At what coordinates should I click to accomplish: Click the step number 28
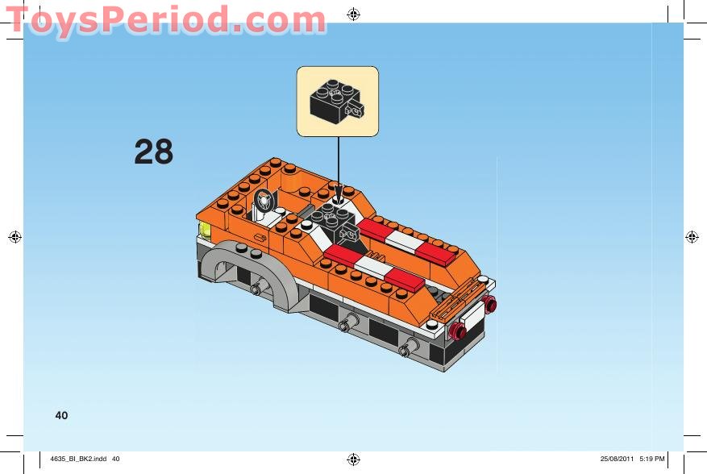pos(154,152)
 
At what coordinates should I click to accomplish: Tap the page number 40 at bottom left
pos(61,415)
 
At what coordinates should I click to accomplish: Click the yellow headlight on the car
pos(205,231)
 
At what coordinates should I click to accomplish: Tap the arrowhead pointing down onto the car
pos(339,194)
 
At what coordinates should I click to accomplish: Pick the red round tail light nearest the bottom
pos(460,331)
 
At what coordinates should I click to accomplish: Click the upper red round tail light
pos(489,303)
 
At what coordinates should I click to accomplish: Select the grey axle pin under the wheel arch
pos(257,289)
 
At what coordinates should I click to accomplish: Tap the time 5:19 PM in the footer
pos(651,459)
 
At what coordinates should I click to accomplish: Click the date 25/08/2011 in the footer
pos(618,459)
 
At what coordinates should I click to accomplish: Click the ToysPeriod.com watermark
pos(165,19)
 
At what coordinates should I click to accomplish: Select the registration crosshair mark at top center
pos(353,14)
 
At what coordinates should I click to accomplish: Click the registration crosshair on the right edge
pos(691,236)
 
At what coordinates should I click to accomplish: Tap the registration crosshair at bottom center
pos(353,459)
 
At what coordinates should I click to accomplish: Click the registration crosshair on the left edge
pos(14,236)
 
